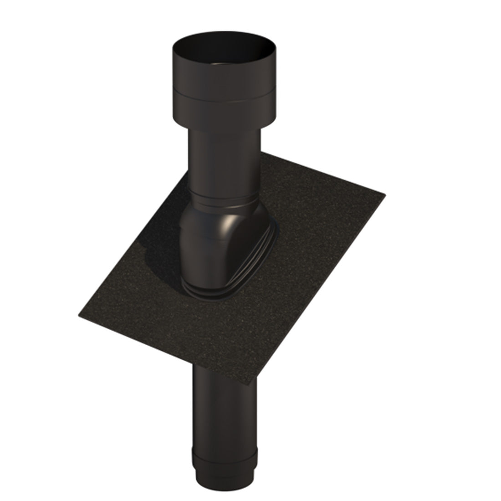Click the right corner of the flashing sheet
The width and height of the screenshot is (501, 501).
[x=385, y=195]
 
